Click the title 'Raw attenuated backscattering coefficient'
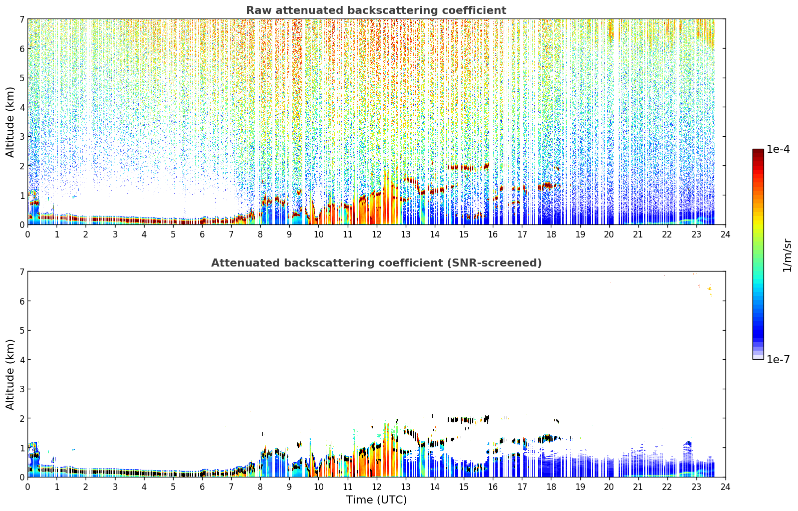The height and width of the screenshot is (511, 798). click(376, 11)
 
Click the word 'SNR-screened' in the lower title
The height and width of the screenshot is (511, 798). click(495, 263)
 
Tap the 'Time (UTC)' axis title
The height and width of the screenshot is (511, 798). click(376, 500)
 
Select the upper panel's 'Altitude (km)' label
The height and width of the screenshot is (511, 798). click(10, 122)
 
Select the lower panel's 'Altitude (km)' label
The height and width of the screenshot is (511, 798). click(10, 375)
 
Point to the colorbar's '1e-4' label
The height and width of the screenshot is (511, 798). click(778, 149)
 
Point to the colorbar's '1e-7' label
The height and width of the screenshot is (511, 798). click(778, 359)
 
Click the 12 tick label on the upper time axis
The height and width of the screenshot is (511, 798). click(377, 234)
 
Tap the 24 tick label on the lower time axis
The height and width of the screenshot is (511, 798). click(725, 487)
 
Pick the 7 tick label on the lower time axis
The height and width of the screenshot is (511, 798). click(231, 487)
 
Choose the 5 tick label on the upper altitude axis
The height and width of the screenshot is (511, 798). click(22, 78)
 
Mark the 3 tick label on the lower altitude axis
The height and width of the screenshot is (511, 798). click(22, 389)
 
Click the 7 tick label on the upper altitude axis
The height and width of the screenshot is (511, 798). click(22, 19)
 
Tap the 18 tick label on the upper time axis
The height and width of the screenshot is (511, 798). click(551, 234)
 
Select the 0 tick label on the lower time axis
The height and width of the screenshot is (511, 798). click(28, 487)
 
